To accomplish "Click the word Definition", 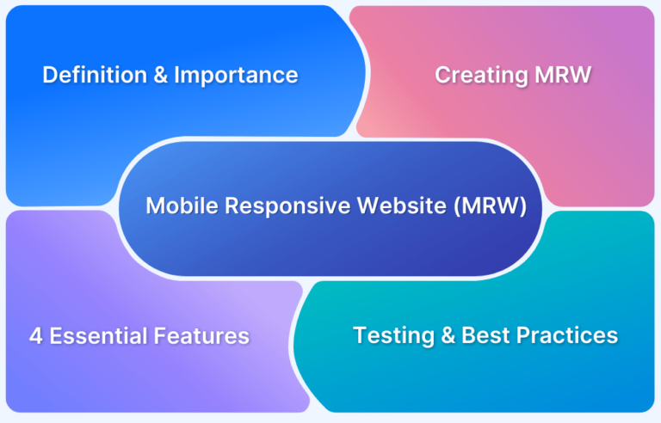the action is pos(95,75).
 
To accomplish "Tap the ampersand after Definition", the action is pos(161,75).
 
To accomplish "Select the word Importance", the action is pos(236,76).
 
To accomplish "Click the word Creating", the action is pos(481,76).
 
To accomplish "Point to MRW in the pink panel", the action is pos(563,75).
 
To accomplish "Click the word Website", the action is pos(402,206).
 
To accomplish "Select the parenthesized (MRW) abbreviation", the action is pos(491,206).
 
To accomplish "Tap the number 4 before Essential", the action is pos(36,336).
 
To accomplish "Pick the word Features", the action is pos(201,336).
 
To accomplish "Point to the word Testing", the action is pos(393,336).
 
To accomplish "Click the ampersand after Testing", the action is pos(448,335).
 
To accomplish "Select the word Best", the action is pos(485,335).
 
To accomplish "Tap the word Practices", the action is pos(567,335).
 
